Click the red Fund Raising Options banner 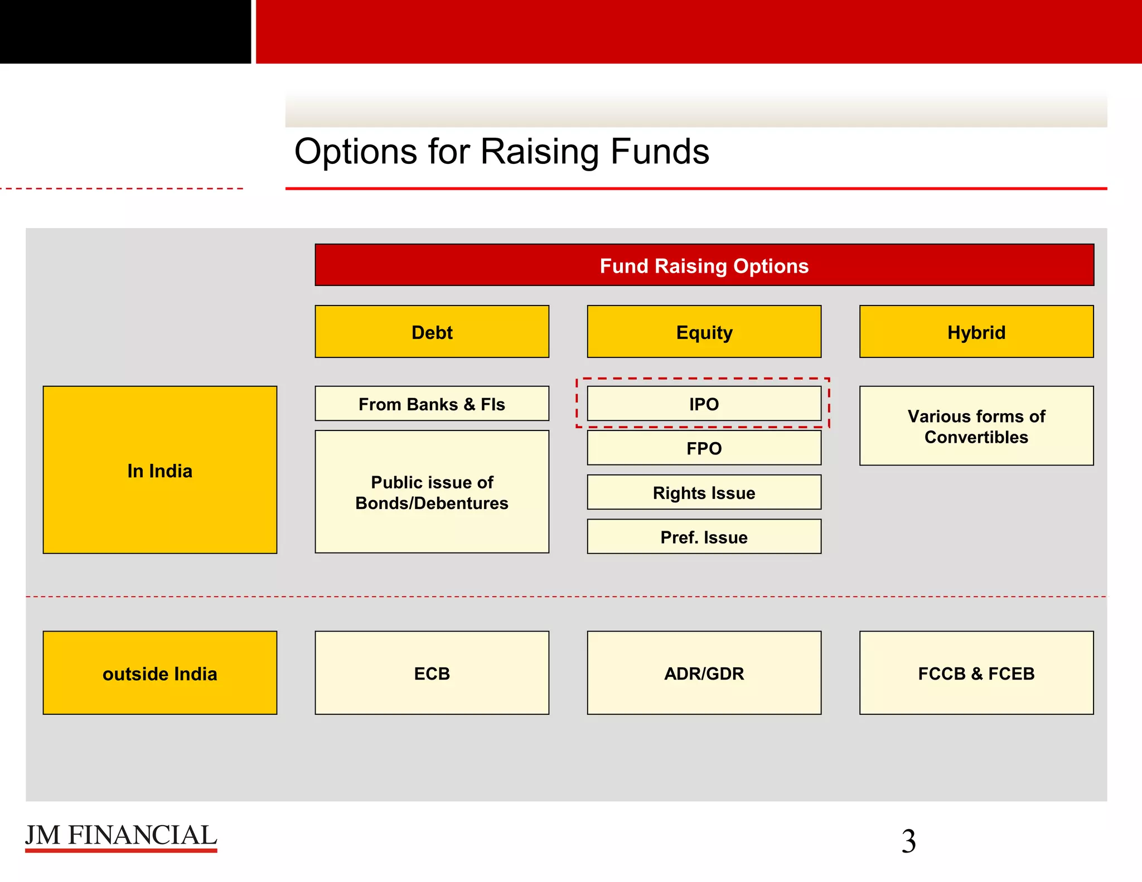[x=704, y=265]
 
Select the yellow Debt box [x=432, y=332]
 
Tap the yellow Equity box [x=704, y=332]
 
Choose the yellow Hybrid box [x=976, y=332]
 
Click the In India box [x=159, y=470]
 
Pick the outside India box [x=159, y=673]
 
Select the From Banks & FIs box [x=432, y=404]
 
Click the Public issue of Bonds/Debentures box [x=432, y=492]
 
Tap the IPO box [x=704, y=404]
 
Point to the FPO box [x=704, y=448]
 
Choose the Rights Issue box [x=704, y=492]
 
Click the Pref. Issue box [x=704, y=536]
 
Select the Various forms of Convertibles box [x=976, y=426]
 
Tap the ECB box [x=432, y=673]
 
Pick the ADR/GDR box [x=704, y=673]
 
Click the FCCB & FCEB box [x=976, y=673]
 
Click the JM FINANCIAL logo [x=121, y=836]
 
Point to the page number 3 [x=908, y=841]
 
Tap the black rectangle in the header [x=125, y=31]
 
